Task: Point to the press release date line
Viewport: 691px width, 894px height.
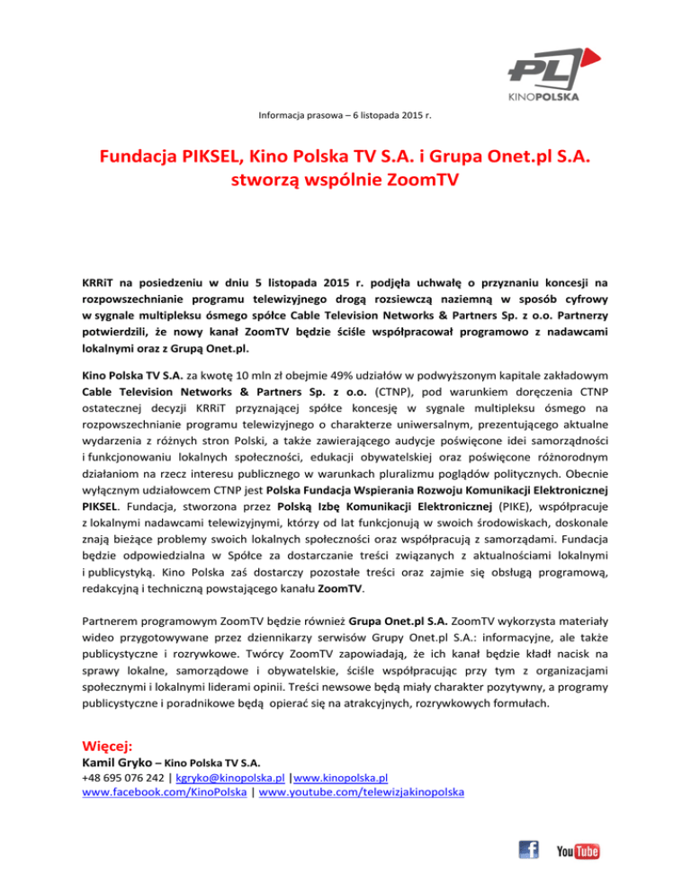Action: point(345,115)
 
